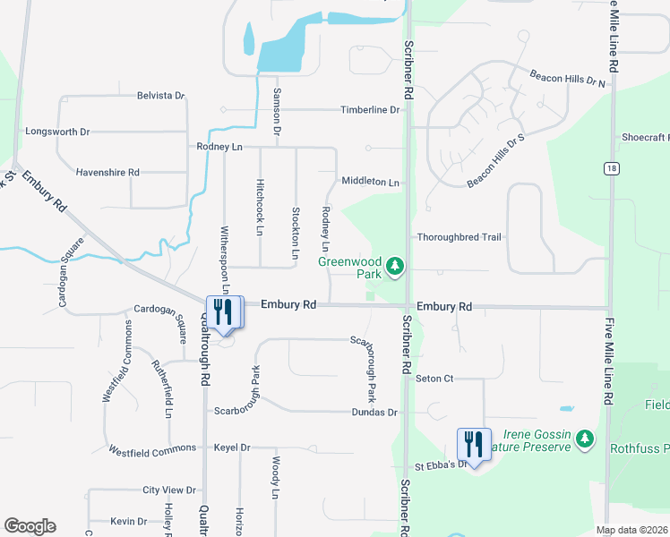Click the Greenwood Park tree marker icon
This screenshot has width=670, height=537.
point(394,266)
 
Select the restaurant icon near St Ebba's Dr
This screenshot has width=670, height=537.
point(474,443)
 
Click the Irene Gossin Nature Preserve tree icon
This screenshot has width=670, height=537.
point(584,438)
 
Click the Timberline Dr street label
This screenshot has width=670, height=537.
point(370,110)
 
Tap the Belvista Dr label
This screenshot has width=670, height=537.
point(160,96)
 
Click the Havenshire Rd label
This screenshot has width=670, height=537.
point(107,172)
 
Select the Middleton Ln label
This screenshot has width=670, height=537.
point(370,182)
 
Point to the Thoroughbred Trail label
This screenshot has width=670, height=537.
point(458,237)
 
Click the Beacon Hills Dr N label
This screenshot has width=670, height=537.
point(567,80)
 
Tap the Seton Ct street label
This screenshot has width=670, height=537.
point(435,379)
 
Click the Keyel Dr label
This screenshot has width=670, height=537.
point(232,447)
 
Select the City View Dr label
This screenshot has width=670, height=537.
point(169,490)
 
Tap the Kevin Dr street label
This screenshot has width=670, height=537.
point(129,521)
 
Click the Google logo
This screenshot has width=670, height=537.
point(30,526)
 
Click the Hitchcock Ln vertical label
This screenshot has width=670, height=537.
point(260,217)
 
